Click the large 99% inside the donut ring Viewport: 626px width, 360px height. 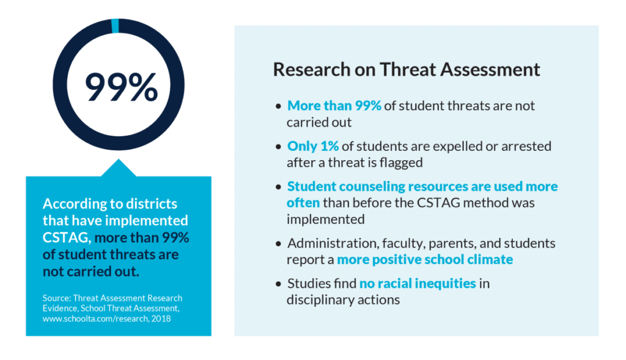click(120, 87)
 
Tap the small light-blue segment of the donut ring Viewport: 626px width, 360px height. click(115, 24)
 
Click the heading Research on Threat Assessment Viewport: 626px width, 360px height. click(407, 69)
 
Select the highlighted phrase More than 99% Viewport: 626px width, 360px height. click(334, 106)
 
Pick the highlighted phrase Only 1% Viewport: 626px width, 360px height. click(312, 147)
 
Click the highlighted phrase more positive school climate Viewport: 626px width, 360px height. click(425, 260)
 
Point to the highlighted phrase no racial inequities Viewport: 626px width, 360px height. click(418, 284)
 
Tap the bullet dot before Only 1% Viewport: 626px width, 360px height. click(279, 147)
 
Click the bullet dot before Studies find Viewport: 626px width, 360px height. click(279, 284)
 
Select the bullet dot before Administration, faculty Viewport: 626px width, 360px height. click(279, 244)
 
